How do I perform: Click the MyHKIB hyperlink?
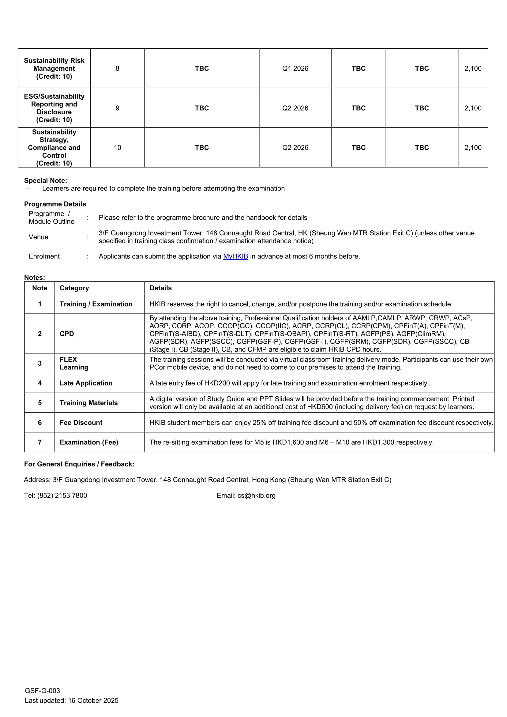pos(235,256)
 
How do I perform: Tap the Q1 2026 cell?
pos(295,68)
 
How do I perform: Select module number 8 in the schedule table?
pos(117,68)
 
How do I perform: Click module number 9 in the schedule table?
pos(117,108)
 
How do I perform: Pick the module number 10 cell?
pos(117,147)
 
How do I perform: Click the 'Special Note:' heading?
pos(46,180)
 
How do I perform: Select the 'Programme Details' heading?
pos(55,204)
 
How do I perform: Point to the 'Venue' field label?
pos(38,237)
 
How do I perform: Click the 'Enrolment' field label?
pos(44,256)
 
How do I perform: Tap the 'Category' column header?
pos(74,288)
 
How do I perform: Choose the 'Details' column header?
pos(160,288)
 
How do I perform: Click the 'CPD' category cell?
pos(67,334)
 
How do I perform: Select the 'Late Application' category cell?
pos(86,383)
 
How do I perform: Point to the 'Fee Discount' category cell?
pos(81,423)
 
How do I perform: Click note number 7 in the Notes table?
pos(40,442)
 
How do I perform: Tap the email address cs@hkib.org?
pos(256,496)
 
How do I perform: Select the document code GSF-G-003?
pos(43,690)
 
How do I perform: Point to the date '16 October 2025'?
pos(93,700)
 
